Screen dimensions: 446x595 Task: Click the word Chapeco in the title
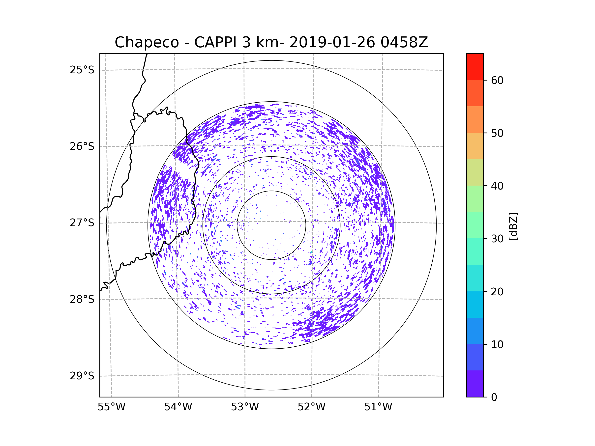[147, 42]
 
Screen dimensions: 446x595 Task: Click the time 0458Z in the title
[404, 42]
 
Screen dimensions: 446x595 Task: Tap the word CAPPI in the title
[215, 42]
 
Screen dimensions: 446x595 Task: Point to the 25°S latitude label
[82, 70]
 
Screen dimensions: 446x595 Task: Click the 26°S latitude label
[82, 146]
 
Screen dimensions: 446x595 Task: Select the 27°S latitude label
[82, 223]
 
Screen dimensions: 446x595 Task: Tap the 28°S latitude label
[82, 299]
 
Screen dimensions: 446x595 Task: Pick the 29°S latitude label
[82, 376]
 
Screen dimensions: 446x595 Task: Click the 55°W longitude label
[111, 407]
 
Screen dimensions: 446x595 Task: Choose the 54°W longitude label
[178, 407]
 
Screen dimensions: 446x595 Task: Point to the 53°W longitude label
[245, 407]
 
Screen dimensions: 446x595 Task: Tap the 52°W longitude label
[311, 407]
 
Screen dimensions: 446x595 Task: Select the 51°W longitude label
[378, 407]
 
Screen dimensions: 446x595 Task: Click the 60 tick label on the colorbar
[497, 80]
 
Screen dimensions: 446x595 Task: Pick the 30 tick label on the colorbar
[497, 239]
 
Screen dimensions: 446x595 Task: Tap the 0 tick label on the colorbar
[494, 397]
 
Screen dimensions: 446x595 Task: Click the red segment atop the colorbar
[475, 67]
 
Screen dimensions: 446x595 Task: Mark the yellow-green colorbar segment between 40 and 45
[475, 172]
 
